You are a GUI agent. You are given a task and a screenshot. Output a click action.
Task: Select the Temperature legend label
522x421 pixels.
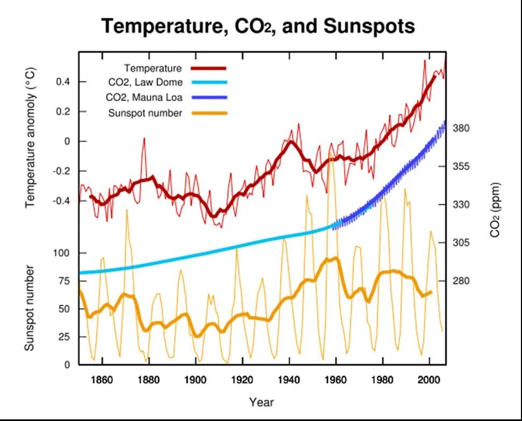click(153, 68)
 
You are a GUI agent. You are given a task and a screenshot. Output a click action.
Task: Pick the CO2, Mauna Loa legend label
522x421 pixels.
click(144, 97)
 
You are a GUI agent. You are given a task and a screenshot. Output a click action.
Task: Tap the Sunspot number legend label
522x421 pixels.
click(146, 113)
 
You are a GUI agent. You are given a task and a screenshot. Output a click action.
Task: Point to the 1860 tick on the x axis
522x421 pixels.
click(102, 380)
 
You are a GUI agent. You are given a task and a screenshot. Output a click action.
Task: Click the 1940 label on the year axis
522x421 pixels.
click(289, 380)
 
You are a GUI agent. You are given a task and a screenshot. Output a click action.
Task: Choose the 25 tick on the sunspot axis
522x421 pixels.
click(65, 337)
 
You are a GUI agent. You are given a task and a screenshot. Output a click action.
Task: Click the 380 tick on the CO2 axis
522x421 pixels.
click(462, 128)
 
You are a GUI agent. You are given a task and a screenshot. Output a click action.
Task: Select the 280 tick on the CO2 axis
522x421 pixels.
click(462, 281)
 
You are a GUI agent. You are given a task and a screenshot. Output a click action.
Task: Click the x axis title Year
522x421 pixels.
click(262, 402)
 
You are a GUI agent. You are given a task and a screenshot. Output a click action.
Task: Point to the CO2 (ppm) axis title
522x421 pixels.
click(496, 210)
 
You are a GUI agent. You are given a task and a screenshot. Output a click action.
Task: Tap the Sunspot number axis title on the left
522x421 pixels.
click(30, 308)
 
